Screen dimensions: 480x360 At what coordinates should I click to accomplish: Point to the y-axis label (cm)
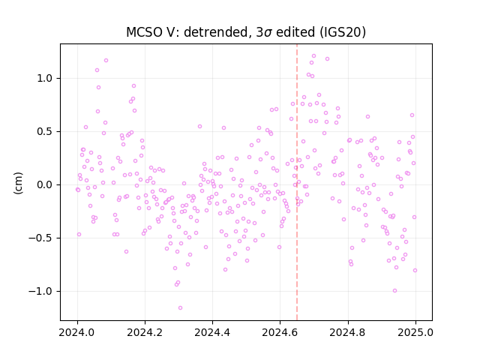(x=18, y=183)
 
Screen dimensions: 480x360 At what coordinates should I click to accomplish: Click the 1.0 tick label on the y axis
(x=45, y=79)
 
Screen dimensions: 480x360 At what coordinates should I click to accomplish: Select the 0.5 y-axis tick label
(x=45, y=132)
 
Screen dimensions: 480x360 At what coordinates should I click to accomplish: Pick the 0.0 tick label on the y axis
(x=45, y=185)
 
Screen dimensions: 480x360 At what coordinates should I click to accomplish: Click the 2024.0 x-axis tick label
(x=77, y=332)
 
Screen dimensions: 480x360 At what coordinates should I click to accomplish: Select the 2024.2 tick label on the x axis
(x=145, y=332)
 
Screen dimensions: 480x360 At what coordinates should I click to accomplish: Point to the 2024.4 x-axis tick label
(x=212, y=332)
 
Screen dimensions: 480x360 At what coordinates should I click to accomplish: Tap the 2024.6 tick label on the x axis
(x=280, y=332)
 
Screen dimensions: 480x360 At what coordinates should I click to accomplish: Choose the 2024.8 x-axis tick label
(x=348, y=332)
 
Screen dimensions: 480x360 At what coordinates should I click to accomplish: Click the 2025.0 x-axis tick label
(x=415, y=332)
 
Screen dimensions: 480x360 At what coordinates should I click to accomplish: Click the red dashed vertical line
(x=297, y=182)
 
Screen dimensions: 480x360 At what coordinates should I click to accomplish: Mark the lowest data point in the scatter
(x=180, y=308)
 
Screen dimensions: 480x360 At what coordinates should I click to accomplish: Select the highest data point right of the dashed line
(x=313, y=56)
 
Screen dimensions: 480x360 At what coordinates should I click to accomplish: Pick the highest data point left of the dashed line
(x=106, y=61)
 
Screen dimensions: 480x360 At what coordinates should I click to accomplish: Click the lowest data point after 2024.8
(x=395, y=291)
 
